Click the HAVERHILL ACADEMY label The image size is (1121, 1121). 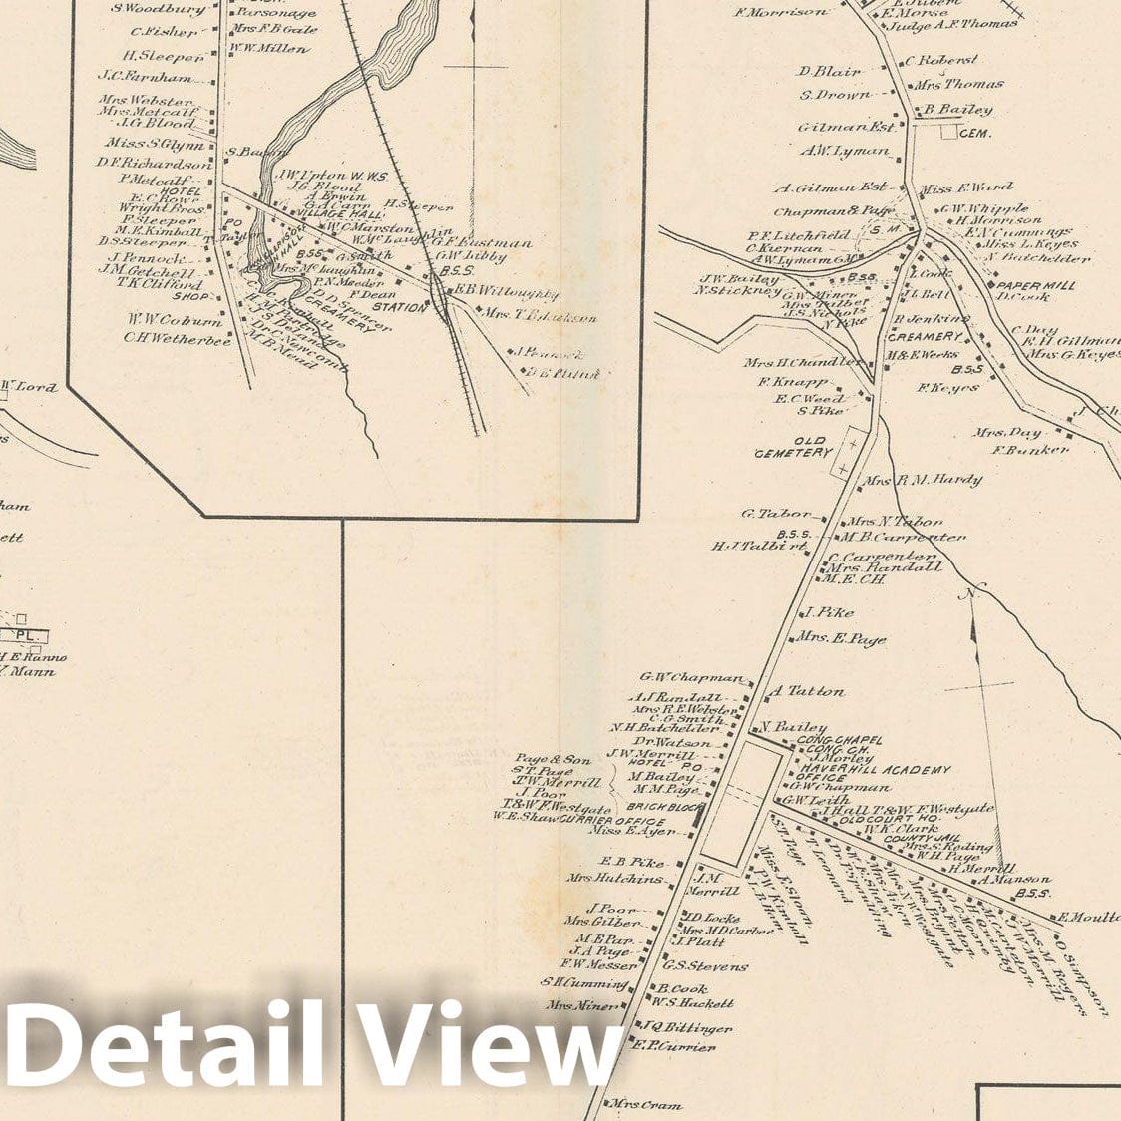[874, 770]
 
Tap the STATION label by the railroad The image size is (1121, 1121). [400, 308]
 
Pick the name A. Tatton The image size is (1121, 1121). [808, 690]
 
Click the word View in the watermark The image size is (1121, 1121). [489, 1042]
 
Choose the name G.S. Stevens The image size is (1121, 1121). [705, 966]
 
